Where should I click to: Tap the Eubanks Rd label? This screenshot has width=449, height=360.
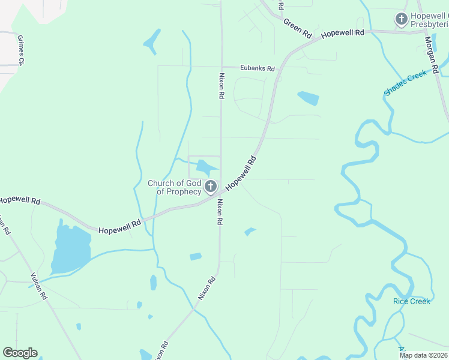coord(258,68)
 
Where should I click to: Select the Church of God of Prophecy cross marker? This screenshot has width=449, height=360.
coord(210,187)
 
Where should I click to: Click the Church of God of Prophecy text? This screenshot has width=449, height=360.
coord(175,187)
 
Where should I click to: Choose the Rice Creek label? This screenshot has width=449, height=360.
coord(412,301)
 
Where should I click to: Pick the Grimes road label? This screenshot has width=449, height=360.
coord(22,49)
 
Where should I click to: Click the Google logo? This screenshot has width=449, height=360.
coord(20,353)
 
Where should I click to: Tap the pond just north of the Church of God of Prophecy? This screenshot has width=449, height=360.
coord(206,168)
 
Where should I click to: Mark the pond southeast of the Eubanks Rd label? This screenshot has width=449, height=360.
coord(308,98)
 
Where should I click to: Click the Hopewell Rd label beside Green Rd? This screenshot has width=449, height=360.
coord(343,34)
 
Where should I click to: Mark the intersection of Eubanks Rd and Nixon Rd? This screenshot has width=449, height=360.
coord(221,67)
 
